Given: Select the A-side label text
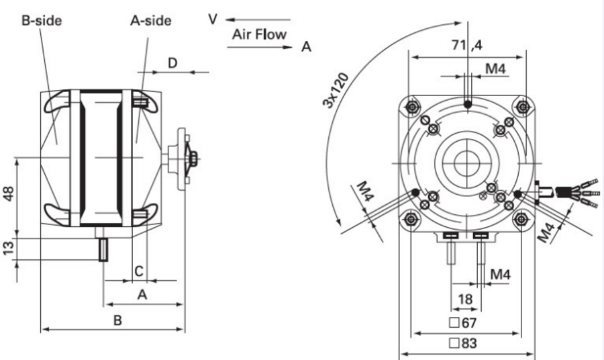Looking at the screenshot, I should pyautogui.click(x=150, y=20).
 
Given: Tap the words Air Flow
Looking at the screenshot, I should pyautogui.click(x=259, y=34).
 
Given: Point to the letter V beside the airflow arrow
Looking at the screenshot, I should pyautogui.click(x=213, y=19).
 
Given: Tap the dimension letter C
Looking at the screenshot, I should pyautogui.click(x=138, y=271).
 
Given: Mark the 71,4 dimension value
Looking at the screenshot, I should pyautogui.click(x=468, y=46).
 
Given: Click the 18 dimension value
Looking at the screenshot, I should pyautogui.click(x=465, y=299).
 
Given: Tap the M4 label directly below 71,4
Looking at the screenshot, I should pyautogui.click(x=497, y=70).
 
